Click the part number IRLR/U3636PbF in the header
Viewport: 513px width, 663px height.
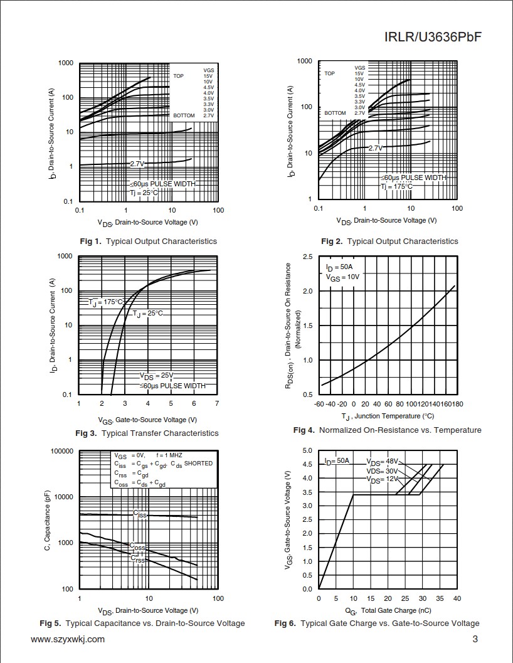pos(433,37)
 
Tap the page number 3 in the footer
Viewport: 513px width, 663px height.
pos(475,640)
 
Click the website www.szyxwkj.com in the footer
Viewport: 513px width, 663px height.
pos(68,640)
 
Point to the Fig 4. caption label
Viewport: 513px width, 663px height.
pos(304,430)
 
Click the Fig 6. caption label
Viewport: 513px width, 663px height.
pos(285,623)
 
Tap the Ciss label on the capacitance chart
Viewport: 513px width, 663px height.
pos(140,514)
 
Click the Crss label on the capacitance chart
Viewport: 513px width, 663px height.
pos(138,559)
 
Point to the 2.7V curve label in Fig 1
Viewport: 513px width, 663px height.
pos(137,164)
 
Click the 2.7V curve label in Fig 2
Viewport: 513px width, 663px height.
pos(375,149)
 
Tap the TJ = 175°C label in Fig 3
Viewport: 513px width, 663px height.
pos(106,302)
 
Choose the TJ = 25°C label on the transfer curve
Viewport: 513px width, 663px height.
pos(148,313)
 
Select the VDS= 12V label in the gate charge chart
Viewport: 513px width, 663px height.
pos(383,480)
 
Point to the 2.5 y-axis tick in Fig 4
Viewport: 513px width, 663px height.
pos(307,257)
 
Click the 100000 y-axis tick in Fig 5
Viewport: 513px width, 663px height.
pos(61,451)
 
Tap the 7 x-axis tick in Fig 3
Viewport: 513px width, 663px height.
pos(217,403)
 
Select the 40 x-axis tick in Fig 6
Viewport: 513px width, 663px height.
pos(457,599)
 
